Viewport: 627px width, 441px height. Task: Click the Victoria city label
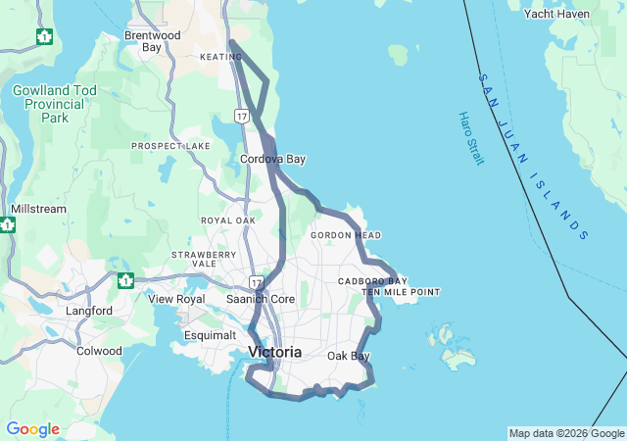point(275,352)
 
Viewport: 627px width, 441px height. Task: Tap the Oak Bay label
point(349,356)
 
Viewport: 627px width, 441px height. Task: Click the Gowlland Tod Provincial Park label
point(55,104)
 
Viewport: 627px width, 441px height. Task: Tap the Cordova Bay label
point(272,159)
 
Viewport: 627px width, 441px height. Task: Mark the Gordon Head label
point(346,235)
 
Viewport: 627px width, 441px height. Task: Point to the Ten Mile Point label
point(401,292)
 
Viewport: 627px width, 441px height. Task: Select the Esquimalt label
point(210,336)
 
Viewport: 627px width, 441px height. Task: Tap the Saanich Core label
point(261,299)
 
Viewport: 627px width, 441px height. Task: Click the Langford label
point(87,312)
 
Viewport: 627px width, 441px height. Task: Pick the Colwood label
point(99,350)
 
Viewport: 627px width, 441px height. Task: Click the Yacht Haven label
point(556,14)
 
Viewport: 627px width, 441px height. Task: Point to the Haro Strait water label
point(470,138)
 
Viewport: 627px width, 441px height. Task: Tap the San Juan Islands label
point(533,156)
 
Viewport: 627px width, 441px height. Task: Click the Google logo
point(32,429)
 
